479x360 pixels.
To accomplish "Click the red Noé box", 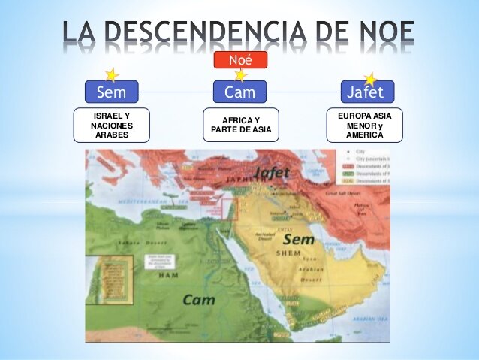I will point(239,59).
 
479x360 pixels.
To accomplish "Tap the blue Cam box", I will point(239,92).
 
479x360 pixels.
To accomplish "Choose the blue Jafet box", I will point(366,92).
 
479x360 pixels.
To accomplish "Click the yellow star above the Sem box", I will point(111,75).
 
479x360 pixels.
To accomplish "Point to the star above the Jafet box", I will point(370,79).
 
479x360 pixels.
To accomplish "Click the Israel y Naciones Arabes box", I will point(111,126).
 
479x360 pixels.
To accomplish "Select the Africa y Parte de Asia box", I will point(240,125).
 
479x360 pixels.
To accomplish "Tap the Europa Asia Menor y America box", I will point(365,125).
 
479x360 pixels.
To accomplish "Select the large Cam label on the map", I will point(199,299).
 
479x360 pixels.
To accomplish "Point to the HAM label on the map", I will point(168,275).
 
